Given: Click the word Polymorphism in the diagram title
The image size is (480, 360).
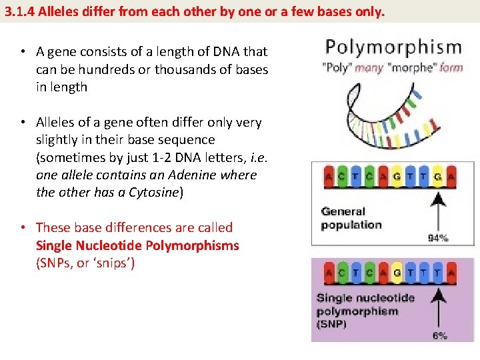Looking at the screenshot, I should (x=393, y=48).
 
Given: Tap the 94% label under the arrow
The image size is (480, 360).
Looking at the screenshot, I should (x=438, y=237).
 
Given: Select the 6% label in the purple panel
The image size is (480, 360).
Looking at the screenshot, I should (x=439, y=335).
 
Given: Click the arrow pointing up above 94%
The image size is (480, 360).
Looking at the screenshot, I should (x=438, y=210).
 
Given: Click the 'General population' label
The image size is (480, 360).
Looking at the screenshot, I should (x=351, y=218).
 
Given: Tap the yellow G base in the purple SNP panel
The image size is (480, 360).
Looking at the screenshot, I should (x=397, y=273).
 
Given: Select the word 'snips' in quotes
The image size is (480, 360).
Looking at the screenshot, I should (x=113, y=263).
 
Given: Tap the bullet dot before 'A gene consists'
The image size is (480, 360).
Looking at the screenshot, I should (x=23, y=52).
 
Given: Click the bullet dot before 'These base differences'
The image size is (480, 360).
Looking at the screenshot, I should (x=23, y=228).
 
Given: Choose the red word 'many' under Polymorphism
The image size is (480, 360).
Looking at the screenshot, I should (x=369, y=68).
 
